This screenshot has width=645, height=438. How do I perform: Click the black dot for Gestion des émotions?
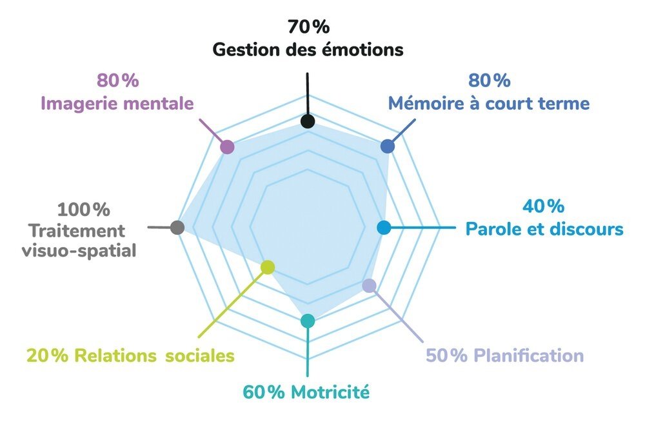(x=307, y=121)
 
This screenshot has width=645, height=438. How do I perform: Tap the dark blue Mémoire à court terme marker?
(x=388, y=146)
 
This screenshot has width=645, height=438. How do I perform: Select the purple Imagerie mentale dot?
(x=227, y=147)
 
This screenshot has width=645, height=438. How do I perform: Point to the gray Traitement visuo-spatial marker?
(x=177, y=228)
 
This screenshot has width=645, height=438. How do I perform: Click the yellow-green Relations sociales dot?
(x=268, y=267)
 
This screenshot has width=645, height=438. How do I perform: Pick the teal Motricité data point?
(x=307, y=321)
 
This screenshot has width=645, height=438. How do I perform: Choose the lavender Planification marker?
(x=370, y=285)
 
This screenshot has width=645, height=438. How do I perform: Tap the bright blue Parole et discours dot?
(x=384, y=228)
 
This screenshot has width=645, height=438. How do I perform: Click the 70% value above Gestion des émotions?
(x=308, y=26)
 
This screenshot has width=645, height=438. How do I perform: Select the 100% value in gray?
(x=83, y=210)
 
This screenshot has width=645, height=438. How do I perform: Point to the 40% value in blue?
(x=543, y=206)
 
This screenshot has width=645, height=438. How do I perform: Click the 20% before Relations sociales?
(x=47, y=355)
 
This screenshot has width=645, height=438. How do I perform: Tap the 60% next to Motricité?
(x=264, y=392)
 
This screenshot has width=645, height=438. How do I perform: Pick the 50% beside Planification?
(x=447, y=355)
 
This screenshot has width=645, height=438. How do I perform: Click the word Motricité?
(x=330, y=392)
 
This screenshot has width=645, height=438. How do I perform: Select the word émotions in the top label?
(x=362, y=50)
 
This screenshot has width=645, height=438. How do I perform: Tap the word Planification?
(x=529, y=355)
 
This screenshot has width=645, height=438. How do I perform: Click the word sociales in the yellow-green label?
(x=200, y=355)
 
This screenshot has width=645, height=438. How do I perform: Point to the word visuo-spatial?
(x=79, y=250)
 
